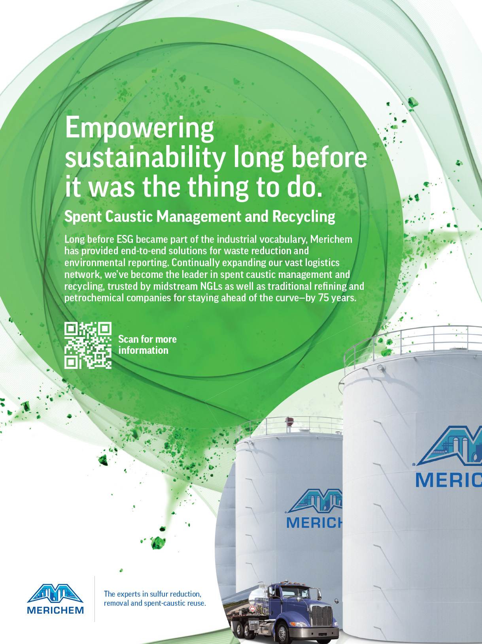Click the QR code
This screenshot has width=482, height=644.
[88, 345]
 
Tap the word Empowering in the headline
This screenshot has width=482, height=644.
[140, 128]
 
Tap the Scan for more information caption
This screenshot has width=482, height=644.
[147, 345]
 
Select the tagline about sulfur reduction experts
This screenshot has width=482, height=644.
[155, 599]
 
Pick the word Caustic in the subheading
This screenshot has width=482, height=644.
[129, 217]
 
